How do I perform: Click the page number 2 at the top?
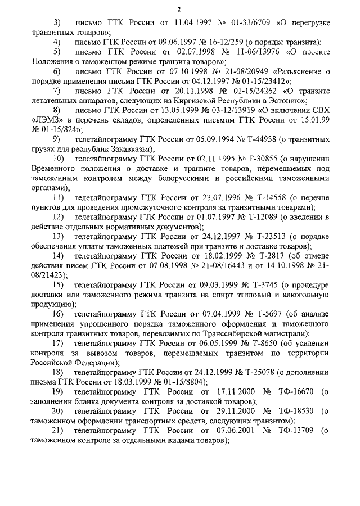coord(179,9)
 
